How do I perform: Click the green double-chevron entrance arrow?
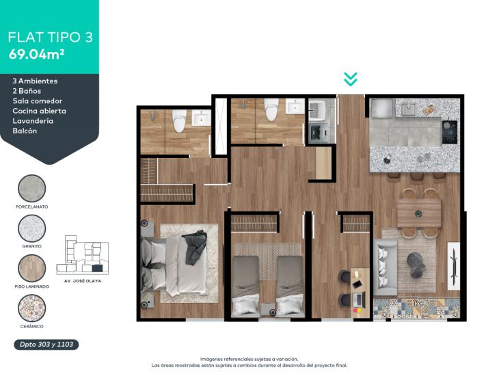[x=351, y=79]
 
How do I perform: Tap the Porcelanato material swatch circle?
[x=32, y=188]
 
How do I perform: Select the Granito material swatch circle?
[x=32, y=228]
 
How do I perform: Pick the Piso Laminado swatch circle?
[x=32, y=268]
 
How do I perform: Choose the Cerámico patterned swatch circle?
[x=32, y=308]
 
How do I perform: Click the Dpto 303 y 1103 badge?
[x=46, y=345]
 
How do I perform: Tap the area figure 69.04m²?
[x=37, y=55]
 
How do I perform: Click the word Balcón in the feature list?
[x=25, y=131]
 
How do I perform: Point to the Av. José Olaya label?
[x=83, y=281]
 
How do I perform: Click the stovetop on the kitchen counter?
[x=450, y=132]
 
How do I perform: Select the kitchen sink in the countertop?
[x=407, y=109]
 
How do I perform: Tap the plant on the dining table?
[x=419, y=213]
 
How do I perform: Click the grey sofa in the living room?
[x=385, y=267]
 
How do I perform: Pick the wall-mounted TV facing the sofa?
[x=454, y=266]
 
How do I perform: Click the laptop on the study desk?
[x=359, y=299]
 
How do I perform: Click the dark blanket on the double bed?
[x=195, y=248]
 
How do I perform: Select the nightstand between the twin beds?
[x=268, y=310]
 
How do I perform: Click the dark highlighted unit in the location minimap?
[x=97, y=268]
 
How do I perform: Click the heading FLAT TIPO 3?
[x=51, y=37]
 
